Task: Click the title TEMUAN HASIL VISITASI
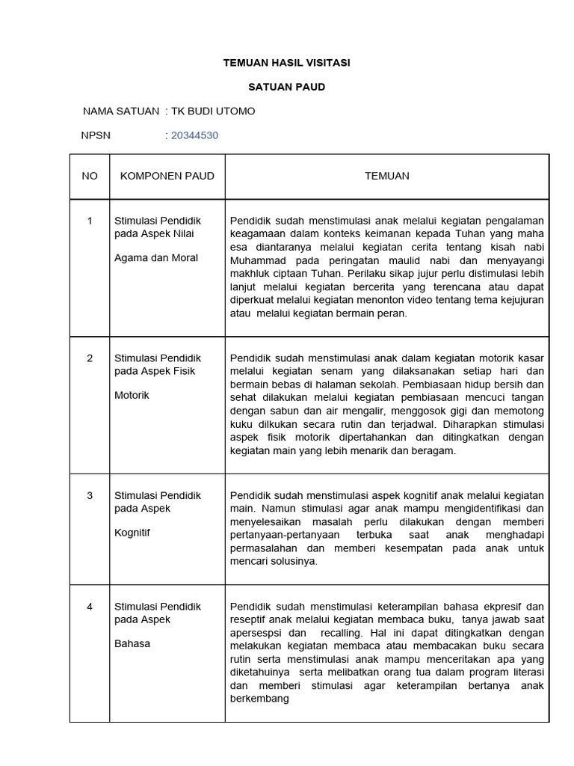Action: pos(287,63)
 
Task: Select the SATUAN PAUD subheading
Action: pos(287,87)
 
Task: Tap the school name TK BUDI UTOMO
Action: pos(213,111)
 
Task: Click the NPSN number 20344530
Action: pos(194,135)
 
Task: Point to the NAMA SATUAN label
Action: pos(120,111)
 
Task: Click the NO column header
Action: pos(90,176)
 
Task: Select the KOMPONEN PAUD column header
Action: pos(167,176)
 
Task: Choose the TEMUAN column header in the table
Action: pos(386,176)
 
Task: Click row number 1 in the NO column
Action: pos(90,221)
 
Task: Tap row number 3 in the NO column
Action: pos(90,495)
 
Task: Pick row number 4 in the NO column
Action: pos(90,606)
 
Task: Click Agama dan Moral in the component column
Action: pos(155,258)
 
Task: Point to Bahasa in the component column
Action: pos(132,643)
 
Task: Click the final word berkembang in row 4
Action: pos(259,699)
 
